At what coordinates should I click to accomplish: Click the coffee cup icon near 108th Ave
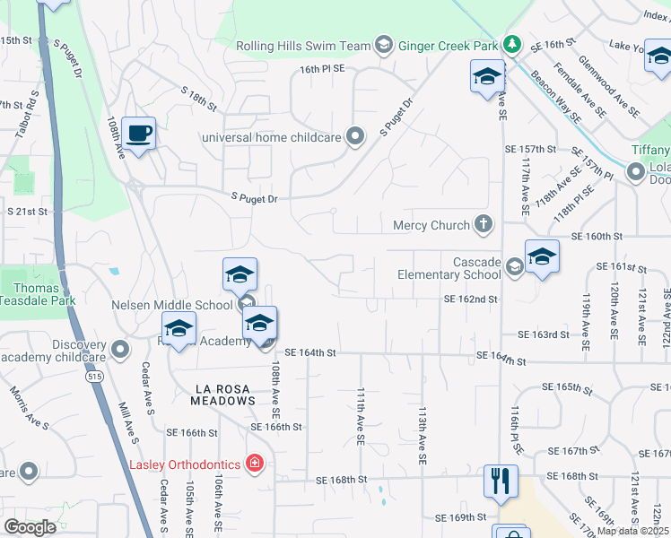pos(138,134)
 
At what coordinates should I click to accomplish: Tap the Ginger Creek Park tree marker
pos(512,44)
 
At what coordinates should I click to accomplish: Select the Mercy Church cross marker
pos(484,224)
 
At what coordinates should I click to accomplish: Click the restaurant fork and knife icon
pos(501,480)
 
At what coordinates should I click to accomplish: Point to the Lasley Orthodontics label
pos(185,464)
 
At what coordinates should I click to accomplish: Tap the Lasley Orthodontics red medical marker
pos(255,464)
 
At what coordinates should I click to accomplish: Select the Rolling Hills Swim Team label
pos(303,46)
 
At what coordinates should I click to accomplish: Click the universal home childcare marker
pos(356,137)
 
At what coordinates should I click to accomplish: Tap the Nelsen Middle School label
pos(172,305)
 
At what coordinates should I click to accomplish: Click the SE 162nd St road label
pos(470,299)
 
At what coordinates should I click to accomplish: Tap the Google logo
pos(30,527)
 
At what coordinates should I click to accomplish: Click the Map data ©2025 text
pos(632,531)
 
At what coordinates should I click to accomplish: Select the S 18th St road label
pos(198,98)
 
